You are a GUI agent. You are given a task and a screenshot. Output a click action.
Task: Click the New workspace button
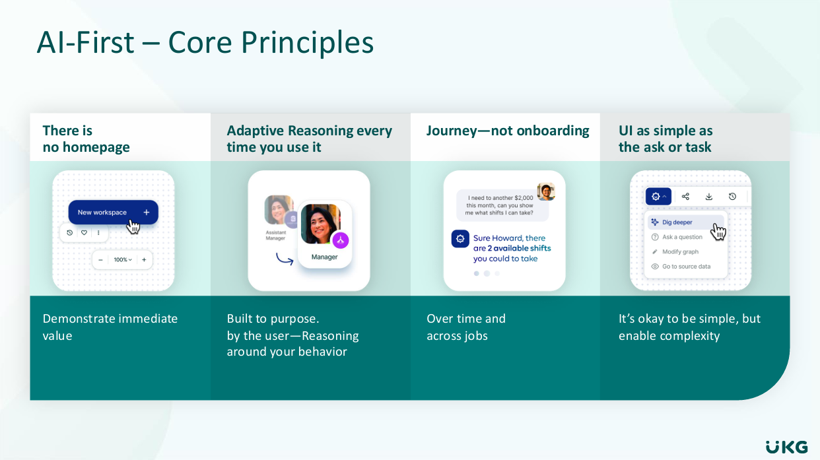[113, 213]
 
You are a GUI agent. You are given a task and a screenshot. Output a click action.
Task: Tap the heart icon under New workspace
[85, 232]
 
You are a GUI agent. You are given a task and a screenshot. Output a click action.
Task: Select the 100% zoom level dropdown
[123, 260]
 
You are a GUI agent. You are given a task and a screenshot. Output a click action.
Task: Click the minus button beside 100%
[100, 260]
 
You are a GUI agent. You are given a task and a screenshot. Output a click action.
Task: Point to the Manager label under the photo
[324, 257]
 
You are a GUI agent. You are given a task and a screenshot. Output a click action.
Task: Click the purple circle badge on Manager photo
[341, 240]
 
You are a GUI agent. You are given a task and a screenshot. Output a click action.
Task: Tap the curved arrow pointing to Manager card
[285, 259]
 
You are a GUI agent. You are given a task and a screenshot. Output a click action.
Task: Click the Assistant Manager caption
[276, 236]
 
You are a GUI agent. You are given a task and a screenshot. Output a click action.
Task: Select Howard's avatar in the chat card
[546, 191]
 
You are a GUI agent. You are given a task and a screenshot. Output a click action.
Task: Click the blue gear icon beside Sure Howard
[460, 239]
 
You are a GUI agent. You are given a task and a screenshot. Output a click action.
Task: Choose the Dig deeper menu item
[677, 222]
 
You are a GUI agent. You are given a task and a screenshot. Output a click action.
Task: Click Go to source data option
[681, 267]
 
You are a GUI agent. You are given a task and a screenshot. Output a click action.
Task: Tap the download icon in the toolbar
[708, 197]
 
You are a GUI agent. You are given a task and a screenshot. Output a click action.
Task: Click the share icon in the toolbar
[685, 197]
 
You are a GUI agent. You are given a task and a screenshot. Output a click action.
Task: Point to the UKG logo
[787, 447]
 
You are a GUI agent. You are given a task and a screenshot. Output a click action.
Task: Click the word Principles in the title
[307, 43]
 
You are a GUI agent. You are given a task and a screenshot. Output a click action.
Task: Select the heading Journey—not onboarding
[508, 131]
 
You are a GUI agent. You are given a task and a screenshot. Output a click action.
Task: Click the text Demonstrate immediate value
[110, 327]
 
